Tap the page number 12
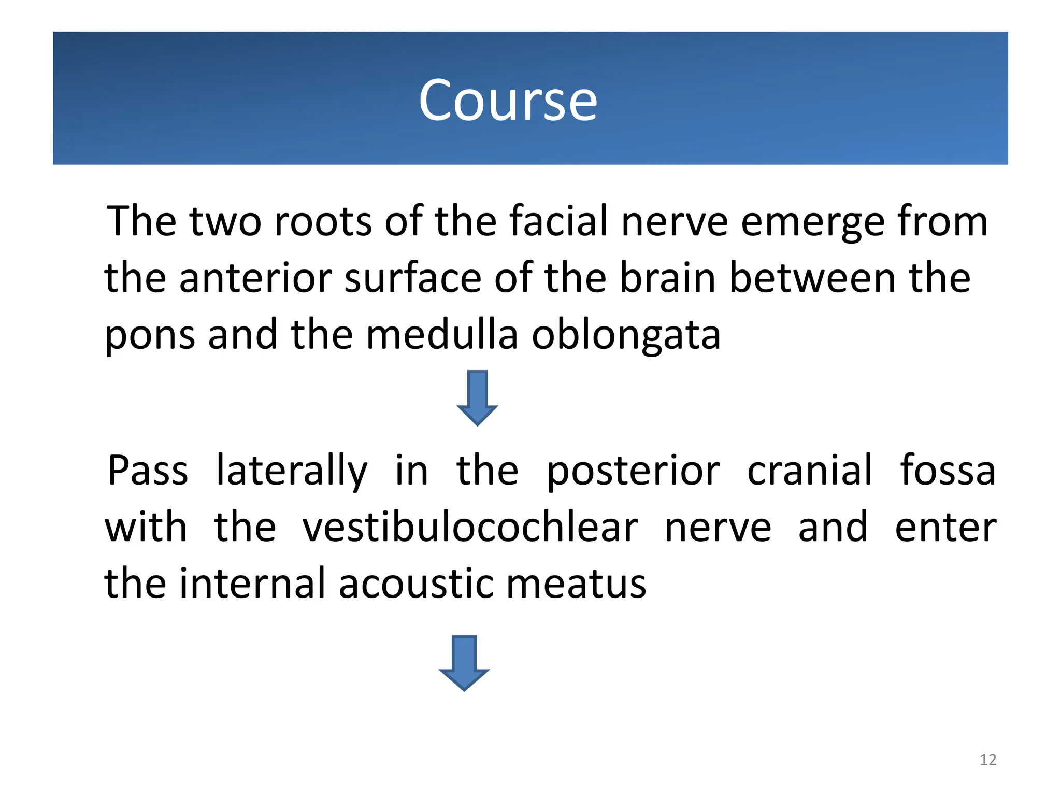coord(988,760)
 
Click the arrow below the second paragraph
coord(464,663)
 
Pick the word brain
coord(669,278)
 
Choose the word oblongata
coord(626,336)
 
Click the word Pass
coord(148,471)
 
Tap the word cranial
coord(810,471)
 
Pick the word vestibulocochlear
coord(470,527)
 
